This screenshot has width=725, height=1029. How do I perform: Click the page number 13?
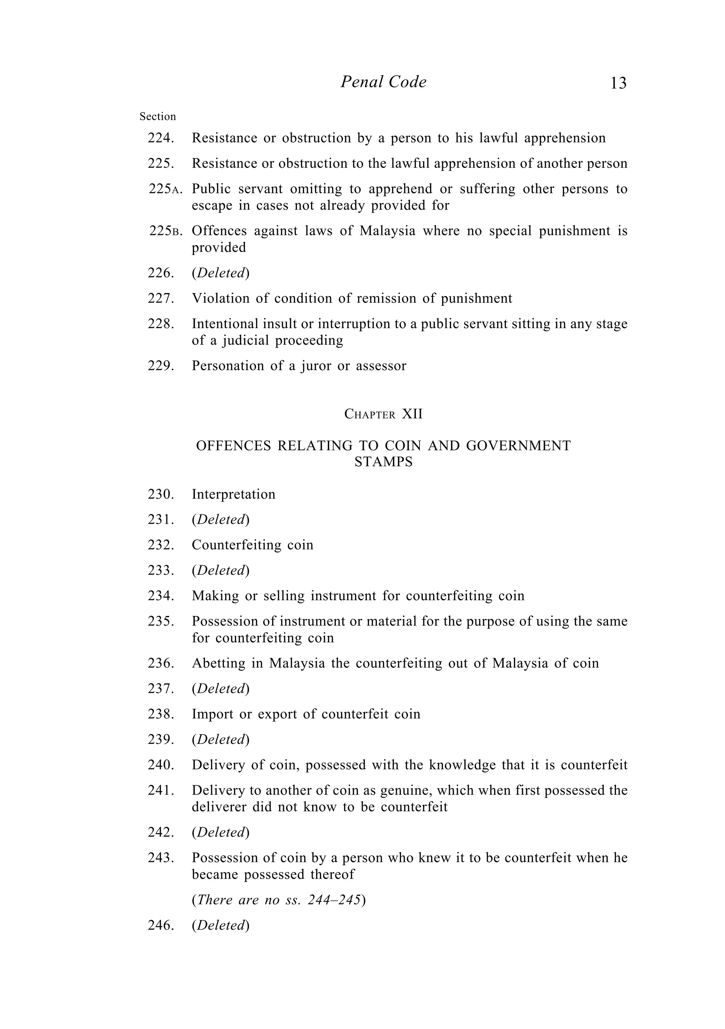pyautogui.click(x=618, y=83)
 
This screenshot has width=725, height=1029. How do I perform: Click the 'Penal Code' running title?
pyautogui.click(x=383, y=82)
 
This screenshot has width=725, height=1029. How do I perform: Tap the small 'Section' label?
pyautogui.click(x=158, y=117)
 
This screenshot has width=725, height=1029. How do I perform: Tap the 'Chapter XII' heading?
pyautogui.click(x=383, y=414)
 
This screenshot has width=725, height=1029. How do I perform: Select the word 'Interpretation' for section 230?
pyautogui.click(x=233, y=494)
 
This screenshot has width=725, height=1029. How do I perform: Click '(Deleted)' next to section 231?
pyautogui.click(x=220, y=520)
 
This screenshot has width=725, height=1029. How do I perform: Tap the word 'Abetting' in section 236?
pyautogui.click(x=218, y=663)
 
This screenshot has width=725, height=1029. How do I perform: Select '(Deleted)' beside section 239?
pyautogui.click(x=220, y=739)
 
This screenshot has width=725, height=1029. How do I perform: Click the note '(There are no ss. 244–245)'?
pyautogui.click(x=278, y=900)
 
